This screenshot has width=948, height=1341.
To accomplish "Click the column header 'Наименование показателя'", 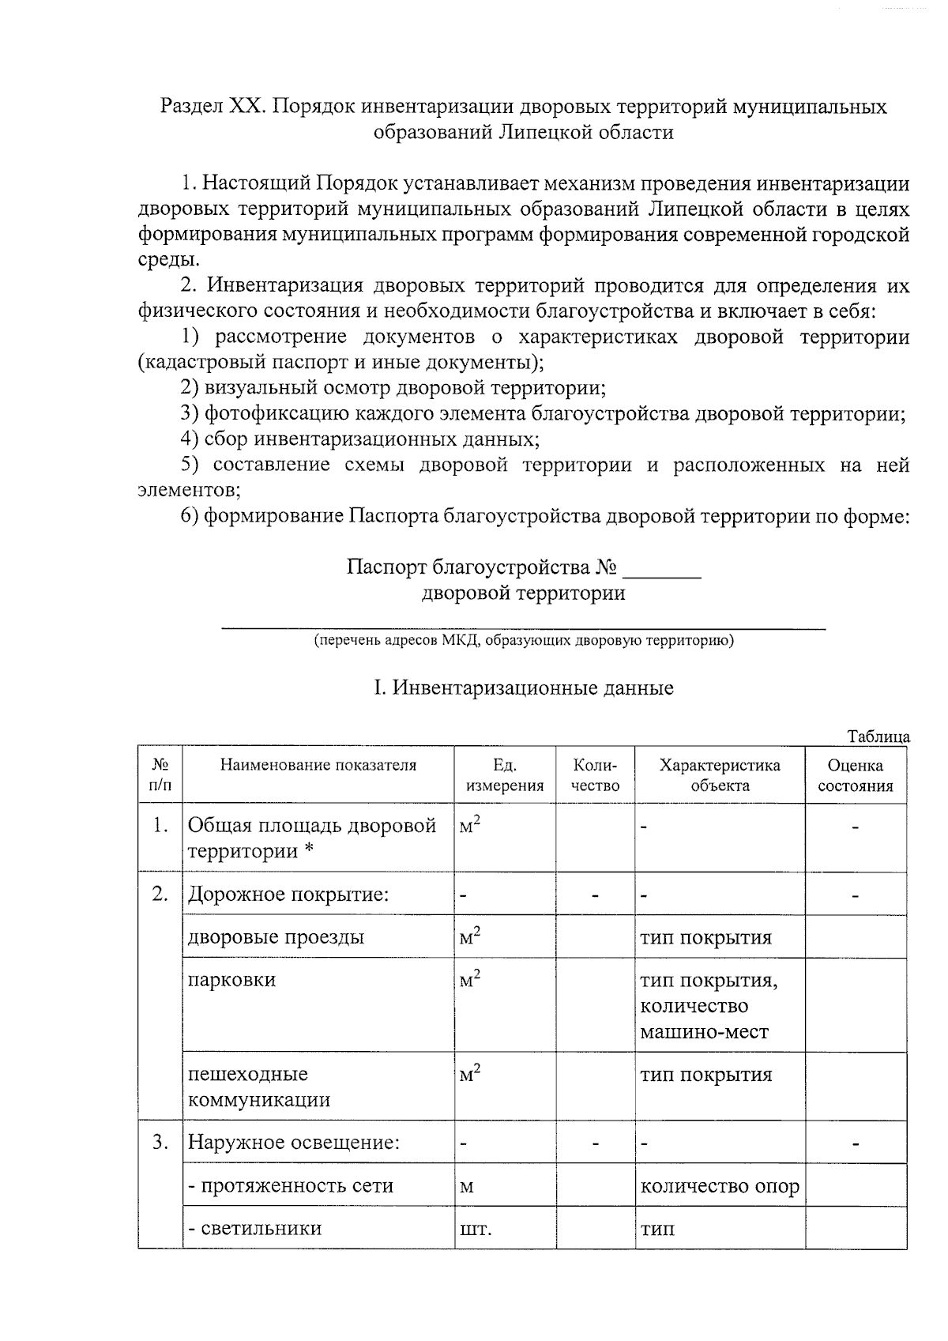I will pos(318,765).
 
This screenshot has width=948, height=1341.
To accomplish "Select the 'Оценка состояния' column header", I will pos(856,775).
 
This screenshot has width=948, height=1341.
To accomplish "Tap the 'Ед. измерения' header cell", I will pos(504,775).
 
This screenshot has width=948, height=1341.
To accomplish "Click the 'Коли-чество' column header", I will pos(595,775).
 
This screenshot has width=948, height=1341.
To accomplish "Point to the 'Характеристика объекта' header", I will pos(719,775).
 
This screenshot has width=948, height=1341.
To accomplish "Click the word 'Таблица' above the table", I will pos(878,736).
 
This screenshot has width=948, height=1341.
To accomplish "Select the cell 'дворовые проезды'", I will pos(276,938).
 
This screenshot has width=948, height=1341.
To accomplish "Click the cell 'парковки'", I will pos(231,980).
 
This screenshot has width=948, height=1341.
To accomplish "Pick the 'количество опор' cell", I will pos(719,1186).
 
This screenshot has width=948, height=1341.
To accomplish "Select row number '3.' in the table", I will pos(160,1143).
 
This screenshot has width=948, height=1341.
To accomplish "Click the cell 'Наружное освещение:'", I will pos(293,1143).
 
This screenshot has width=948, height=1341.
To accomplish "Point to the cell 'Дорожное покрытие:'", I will pos(288,895).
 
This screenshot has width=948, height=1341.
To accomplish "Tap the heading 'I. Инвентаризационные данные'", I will pos(523,687).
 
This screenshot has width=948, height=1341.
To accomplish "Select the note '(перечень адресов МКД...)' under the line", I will pos(523,640).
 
